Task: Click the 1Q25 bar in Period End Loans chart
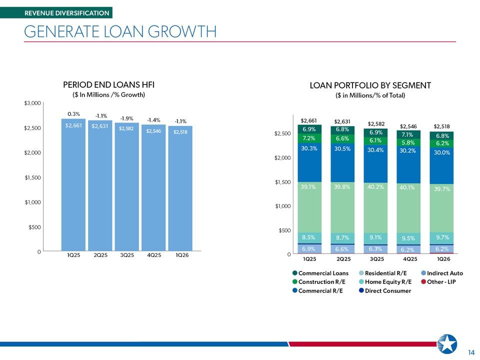tap(73, 184)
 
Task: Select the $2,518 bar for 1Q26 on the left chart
tap(180, 188)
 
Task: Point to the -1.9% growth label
tap(126, 118)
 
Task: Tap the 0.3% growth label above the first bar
tap(73, 114)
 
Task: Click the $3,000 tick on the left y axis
tap(32, 103)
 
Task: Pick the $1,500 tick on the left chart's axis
tap(33, 177)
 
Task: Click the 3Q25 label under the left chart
tap(127, 255)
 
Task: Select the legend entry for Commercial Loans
tap(320, 273)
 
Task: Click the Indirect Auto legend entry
tap(442, 273)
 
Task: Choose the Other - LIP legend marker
tap(423, 281)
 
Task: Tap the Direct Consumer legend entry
tap(385, 290)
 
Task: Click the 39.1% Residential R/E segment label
tap(308, 186)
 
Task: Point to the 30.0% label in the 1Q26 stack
tap(441, 152)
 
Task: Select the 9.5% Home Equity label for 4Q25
tap(408, 238)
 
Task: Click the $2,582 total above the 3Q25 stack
tap(376, 123)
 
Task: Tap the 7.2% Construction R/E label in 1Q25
tap(309, 138)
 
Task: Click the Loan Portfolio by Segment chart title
tap(370, 85)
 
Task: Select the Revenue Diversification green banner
tap(56, 13)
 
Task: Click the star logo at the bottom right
tap(447, 344)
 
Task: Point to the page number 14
tap(471, 352)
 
